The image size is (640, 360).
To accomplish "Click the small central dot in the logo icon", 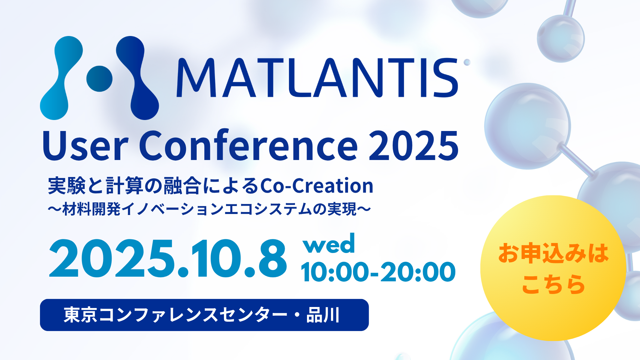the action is coord(99,79).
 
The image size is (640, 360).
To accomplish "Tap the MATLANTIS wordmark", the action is coord(317,78).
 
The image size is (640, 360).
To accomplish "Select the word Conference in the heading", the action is coord(248,145).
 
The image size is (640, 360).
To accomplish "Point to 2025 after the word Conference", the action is coord(414,146).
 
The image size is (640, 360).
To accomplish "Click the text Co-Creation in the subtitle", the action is coord(317,186).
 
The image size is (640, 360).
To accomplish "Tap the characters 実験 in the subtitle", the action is coord(67,186).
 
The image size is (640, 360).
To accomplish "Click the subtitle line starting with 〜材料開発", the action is coord(209,209).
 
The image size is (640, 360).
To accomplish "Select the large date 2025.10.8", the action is coord(168,259).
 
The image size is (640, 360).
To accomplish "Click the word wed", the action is coord(329,244).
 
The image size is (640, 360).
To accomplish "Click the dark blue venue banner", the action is coord(204,315).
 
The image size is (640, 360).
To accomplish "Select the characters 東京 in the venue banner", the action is coord(80,315).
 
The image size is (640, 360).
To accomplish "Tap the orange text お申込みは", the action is coord(553,253).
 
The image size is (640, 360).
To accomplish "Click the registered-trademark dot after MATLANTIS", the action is coord(467,62).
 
